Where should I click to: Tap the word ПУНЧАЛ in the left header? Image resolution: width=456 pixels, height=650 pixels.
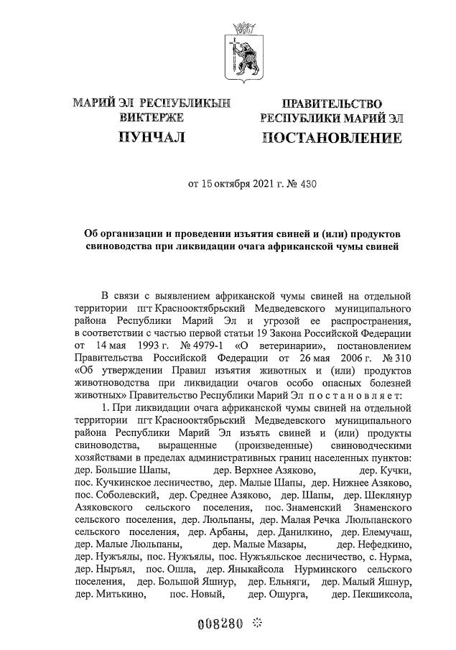click(x=153, y=136)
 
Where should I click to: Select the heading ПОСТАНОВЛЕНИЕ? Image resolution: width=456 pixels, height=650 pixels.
click(x=331, y=136)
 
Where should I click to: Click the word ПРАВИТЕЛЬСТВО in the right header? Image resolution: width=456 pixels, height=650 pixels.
click(x=331, y=104)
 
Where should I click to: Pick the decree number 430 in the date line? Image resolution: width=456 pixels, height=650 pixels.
click(x=307, y=184)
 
